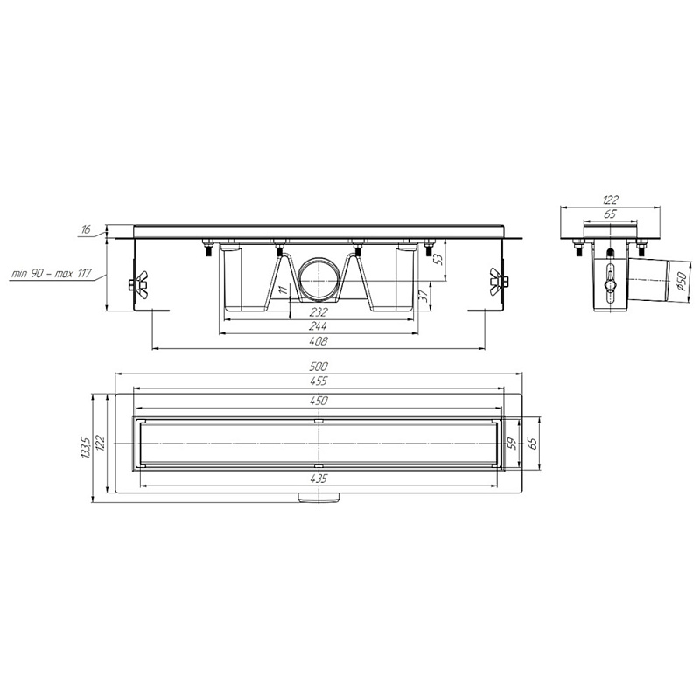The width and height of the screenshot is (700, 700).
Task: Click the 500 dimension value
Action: click(318, 367)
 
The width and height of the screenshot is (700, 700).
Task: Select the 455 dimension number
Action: click(318, 381)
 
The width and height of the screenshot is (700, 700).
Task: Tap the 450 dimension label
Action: click(318, 401)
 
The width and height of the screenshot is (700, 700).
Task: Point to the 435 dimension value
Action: click(318, 479)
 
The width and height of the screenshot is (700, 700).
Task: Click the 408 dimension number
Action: click(318, 341)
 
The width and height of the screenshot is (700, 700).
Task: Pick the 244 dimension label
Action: click(318, 326)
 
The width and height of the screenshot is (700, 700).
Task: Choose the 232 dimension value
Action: click(318, 312)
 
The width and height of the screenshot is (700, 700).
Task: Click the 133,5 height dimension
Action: click(86, 448)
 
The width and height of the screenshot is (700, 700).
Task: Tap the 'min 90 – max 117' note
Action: click(51, 272)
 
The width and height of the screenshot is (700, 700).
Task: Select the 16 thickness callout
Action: click(85, 229)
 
